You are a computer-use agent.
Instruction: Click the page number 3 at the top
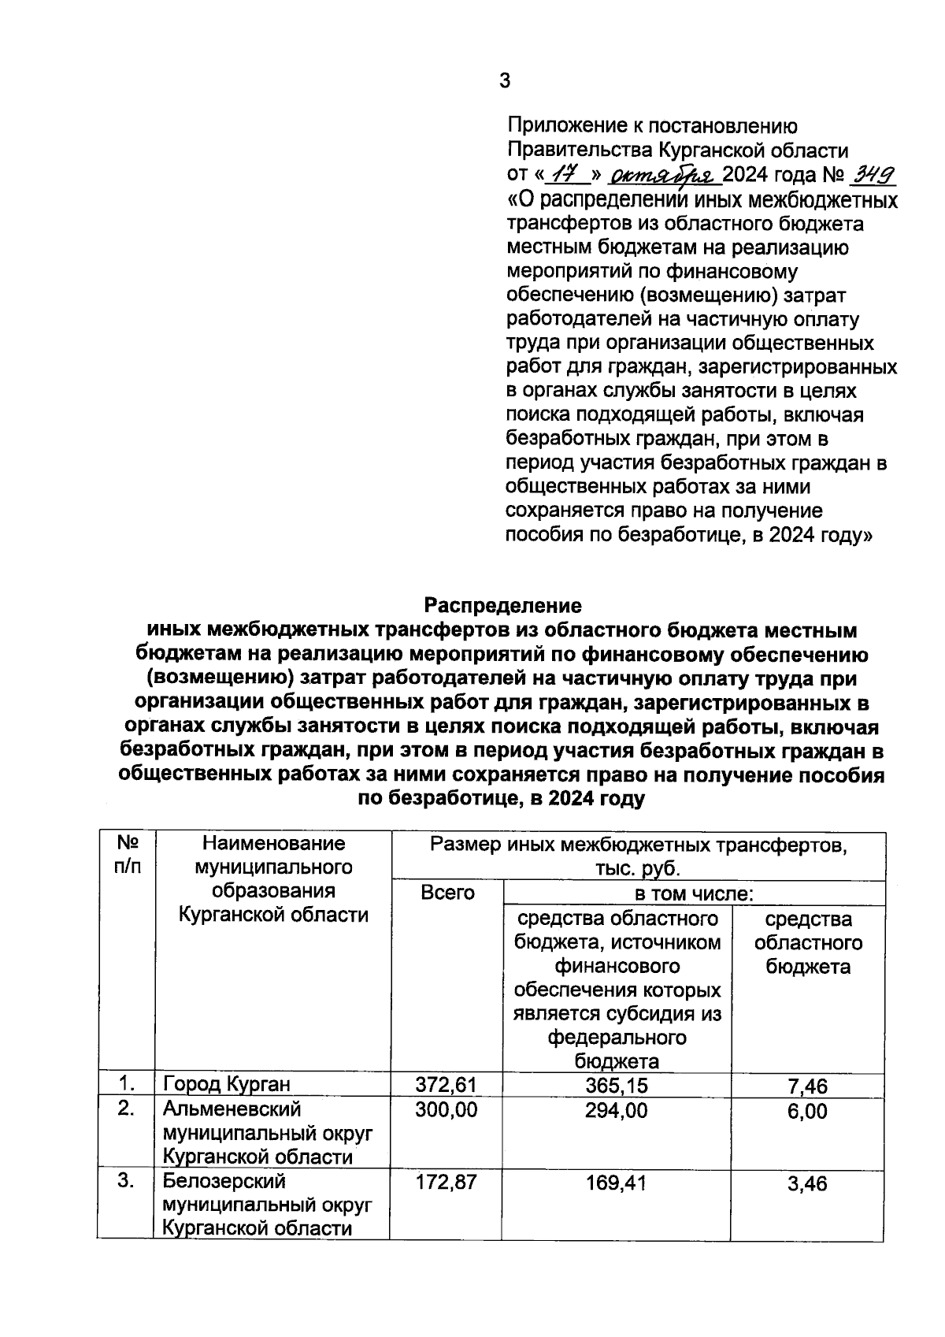click(505, 81)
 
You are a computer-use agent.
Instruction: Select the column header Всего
click(447, 893)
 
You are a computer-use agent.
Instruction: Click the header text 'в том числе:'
click(695, 893)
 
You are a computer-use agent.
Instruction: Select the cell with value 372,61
click(446, 1086)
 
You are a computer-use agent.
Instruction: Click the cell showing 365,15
click(617, 1086)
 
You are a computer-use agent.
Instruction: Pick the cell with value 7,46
click(807, 1087)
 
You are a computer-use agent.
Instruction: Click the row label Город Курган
click(227, 1086)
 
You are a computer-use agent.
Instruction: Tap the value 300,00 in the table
click(446, 1110)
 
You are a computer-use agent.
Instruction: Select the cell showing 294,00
click(617, 1110)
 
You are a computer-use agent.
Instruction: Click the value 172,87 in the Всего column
click(446, 1182)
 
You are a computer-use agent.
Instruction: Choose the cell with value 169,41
click(617, 1182)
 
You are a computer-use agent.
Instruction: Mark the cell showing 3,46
click(807, 1183)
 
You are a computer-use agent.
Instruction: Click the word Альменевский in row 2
click(232, 1109)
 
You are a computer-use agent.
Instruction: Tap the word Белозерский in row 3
click(224, 1182)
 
